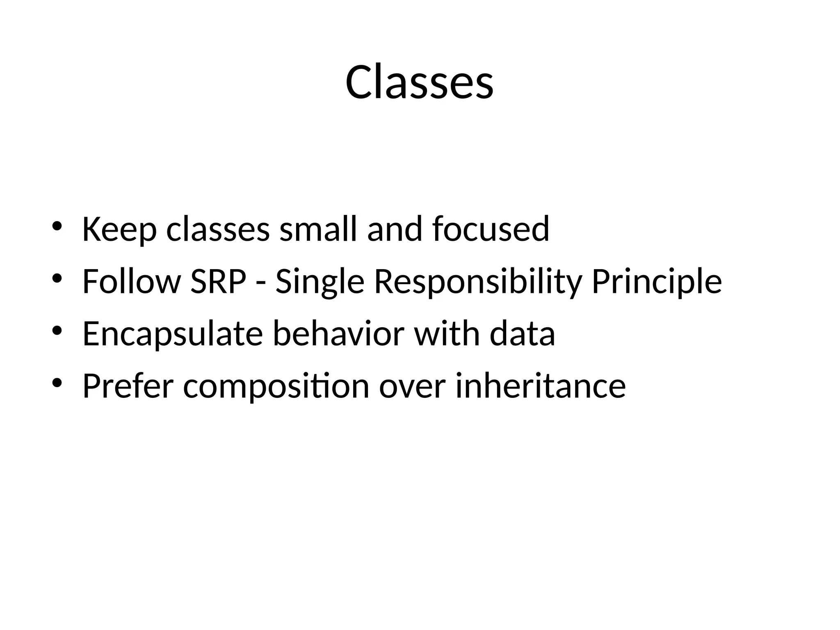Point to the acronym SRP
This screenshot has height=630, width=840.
tap(218, 281)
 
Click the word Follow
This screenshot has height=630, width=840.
tap(131, 281)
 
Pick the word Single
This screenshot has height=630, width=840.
tap(320, 281)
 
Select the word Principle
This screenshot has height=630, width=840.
tap(656, 281)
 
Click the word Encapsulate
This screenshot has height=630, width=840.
tap(172, 334)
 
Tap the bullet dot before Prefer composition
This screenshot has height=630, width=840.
tap(57, 383)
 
